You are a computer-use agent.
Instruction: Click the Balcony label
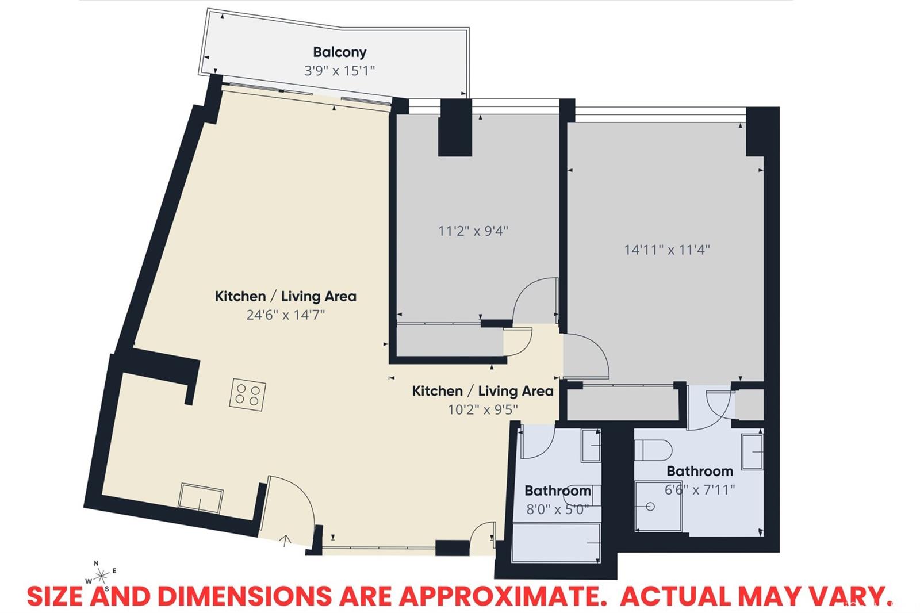[x=340, y=52]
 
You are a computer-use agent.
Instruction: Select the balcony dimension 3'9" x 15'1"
[x=340, y=71]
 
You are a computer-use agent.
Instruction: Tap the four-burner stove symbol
[x=248, y=394]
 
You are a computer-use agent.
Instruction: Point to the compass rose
[x=101, y=576]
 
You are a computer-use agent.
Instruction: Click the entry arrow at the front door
[x=285, y=541]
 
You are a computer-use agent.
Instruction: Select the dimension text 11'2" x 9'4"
[x=473, y=231]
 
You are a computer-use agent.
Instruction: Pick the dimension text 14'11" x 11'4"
[x=667, y=250]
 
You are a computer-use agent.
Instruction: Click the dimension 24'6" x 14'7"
[x=286, y=315]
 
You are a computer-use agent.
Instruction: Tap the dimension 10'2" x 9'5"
[x=482, y=409]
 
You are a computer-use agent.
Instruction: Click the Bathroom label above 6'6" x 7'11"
[x=700, y=471]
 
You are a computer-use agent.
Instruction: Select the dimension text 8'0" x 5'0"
[x=558, y=509]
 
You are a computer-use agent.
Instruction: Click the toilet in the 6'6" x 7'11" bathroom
[x=653, y=450]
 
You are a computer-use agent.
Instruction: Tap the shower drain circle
[x=650, y=507]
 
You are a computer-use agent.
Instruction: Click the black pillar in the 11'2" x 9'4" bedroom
[x=455, y=127]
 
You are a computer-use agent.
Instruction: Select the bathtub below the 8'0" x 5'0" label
[x=557, y=542]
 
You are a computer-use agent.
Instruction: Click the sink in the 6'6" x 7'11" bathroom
[x=752, y=451]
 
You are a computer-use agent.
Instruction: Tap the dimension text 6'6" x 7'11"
[x=700, y=490]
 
